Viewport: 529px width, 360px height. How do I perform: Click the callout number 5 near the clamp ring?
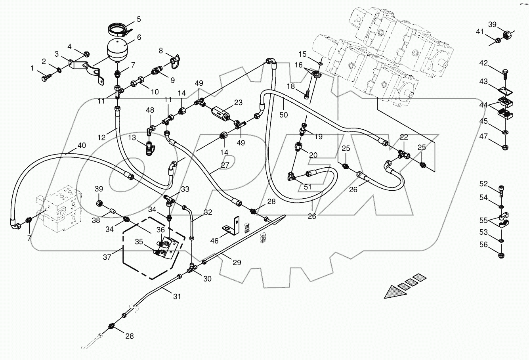coord(139,19)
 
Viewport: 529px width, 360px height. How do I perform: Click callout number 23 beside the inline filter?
coord(238,102)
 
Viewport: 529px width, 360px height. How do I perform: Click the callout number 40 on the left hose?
coord(81,146)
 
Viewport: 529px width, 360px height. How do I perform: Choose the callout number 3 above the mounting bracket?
coord(57,54)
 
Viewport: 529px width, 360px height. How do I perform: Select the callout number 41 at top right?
coord(480,32)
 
